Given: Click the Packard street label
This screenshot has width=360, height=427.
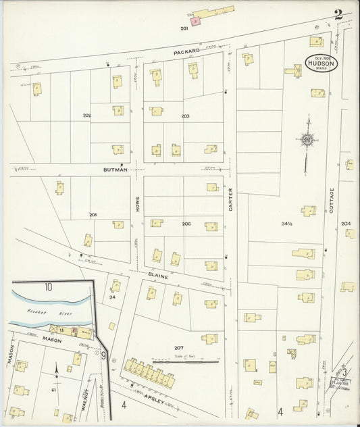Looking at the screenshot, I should [186, 51].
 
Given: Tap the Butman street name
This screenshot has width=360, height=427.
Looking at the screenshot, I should [115, 170].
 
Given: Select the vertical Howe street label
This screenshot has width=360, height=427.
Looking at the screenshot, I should [136, 205].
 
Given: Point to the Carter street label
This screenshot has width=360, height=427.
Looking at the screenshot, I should [230, 199].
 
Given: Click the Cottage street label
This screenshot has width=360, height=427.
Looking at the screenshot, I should [332, 201].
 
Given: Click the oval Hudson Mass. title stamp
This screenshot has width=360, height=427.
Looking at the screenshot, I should [320, 63].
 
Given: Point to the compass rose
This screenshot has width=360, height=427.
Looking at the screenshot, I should [308, 141].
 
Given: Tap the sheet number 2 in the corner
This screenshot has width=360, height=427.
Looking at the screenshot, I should [337, 14].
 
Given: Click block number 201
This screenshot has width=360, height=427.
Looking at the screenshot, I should [184, 28].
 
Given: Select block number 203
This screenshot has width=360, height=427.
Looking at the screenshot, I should [185, 116].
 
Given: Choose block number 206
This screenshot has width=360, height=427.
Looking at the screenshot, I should [186, 223].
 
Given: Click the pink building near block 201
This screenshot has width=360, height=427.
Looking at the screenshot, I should [195, 22].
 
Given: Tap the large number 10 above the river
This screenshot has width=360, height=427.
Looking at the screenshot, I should [49, 287].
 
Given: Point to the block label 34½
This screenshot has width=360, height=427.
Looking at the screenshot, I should [287, 223].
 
